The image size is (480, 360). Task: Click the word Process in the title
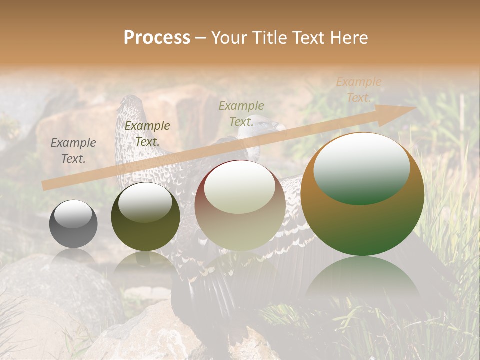click(x=157, y=38)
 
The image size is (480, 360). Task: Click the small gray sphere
click(x=73, y=224)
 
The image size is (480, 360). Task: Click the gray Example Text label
click(x=73, y=151)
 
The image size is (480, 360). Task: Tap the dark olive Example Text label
click(x=147, y=134)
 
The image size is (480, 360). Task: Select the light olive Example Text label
click(x=241, y=113)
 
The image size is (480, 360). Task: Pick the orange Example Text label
click(x=358, y=90)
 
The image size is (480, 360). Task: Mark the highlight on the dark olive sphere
click(x=145, y=202)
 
